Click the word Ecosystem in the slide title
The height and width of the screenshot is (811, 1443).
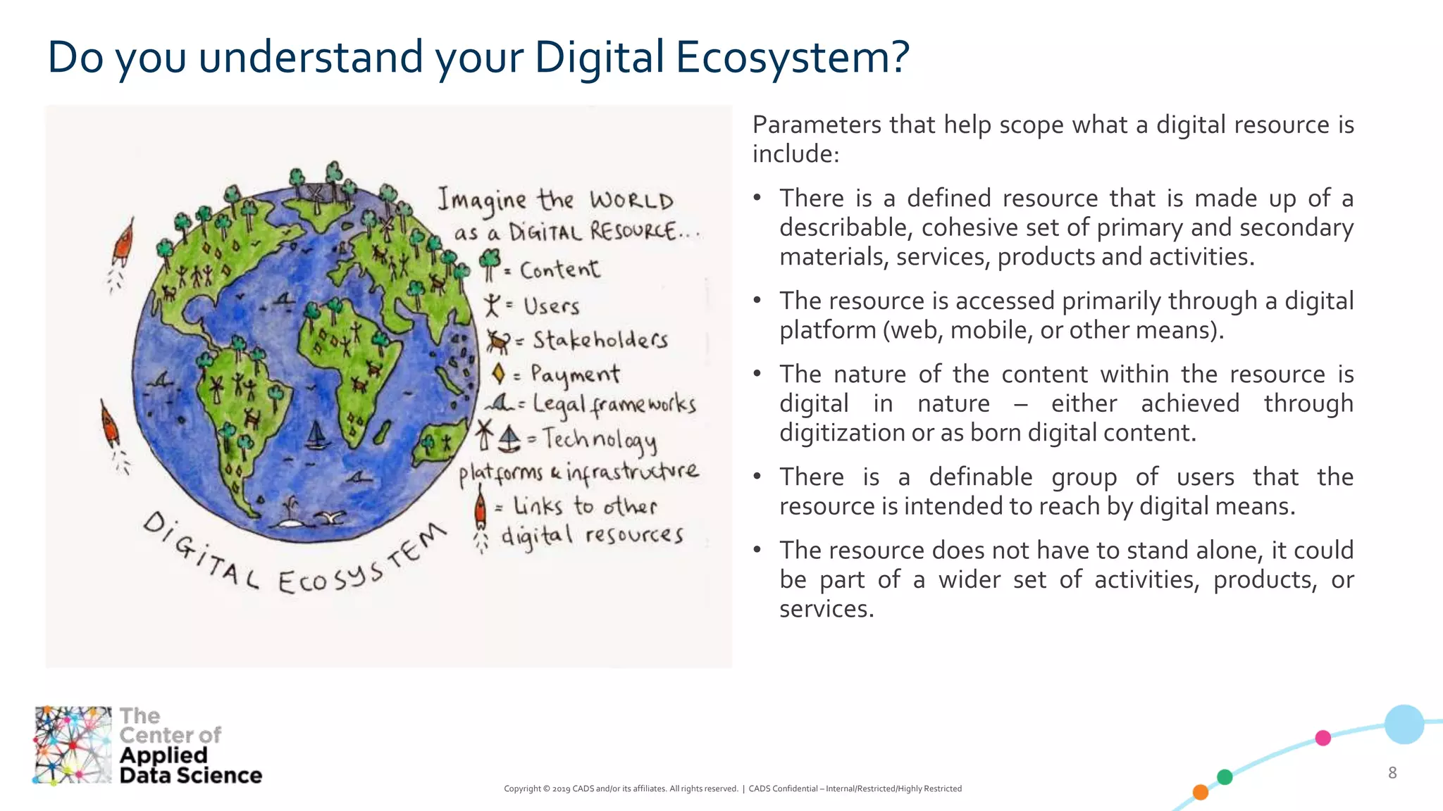(793, 58)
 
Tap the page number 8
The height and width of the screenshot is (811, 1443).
(1392, 772)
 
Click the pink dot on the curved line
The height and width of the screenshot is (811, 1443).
(1323, 738)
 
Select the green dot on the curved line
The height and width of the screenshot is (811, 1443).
(1225, 777)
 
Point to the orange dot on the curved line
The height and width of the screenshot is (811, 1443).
(1201, 792)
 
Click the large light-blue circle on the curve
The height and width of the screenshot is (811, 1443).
(1404, 724)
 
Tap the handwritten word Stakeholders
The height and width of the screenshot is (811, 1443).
(600, 341)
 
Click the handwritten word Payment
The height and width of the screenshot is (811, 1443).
(575, 374)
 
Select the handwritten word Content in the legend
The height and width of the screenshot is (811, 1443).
(559, 270)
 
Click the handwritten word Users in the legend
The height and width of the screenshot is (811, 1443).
(551, 306)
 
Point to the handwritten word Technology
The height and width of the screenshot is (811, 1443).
(599, 440)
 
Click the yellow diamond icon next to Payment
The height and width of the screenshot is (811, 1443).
(499, 373)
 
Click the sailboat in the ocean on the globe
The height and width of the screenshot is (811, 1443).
(317, 436)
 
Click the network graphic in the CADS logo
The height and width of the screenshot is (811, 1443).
(73, 745)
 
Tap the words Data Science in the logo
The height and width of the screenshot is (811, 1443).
(190, 775)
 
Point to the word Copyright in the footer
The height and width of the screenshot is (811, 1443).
(522, 788)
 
